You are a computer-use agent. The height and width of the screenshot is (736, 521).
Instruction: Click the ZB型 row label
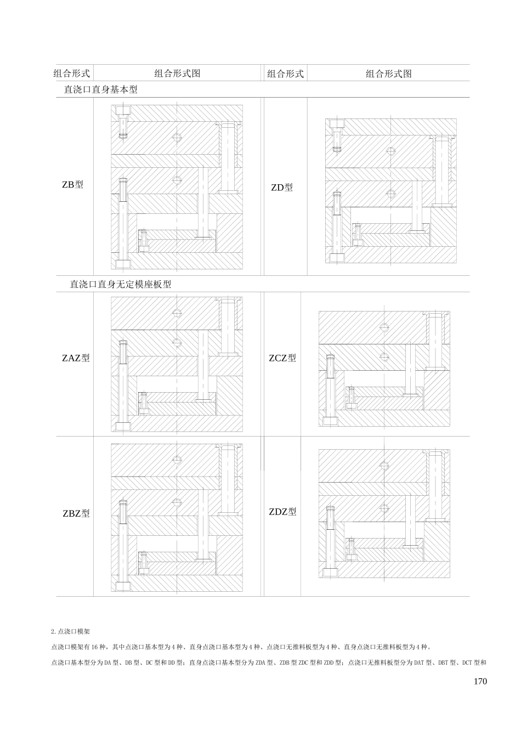[x=72, y=185]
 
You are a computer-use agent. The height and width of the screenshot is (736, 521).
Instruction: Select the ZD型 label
[x=282, y=188]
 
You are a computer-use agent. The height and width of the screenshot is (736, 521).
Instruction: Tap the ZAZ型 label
[x=76, y=359]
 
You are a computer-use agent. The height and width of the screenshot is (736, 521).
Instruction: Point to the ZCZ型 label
[x=282, y=358]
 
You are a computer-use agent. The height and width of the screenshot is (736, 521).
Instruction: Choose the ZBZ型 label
[x=76, y=514]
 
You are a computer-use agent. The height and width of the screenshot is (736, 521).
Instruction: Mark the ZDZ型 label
[x=282, y=512]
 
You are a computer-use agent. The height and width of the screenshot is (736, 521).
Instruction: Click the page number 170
[x=479, y=682]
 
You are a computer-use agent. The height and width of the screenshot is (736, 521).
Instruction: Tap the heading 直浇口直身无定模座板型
[x=121, y=285]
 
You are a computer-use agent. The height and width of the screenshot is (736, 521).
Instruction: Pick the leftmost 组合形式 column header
[x=72, y=73]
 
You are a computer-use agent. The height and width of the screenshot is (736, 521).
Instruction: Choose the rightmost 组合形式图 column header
[x=388, y=73]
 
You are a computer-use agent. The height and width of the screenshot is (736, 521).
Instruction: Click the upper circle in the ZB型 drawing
[x=177, y=137]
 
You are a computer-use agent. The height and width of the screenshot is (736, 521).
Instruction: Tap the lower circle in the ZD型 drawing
[x=390, y=193]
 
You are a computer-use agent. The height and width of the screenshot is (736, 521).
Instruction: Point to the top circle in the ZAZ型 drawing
[x=177, y=313]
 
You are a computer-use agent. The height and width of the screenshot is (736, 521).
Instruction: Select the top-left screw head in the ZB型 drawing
[x=123, y=116]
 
